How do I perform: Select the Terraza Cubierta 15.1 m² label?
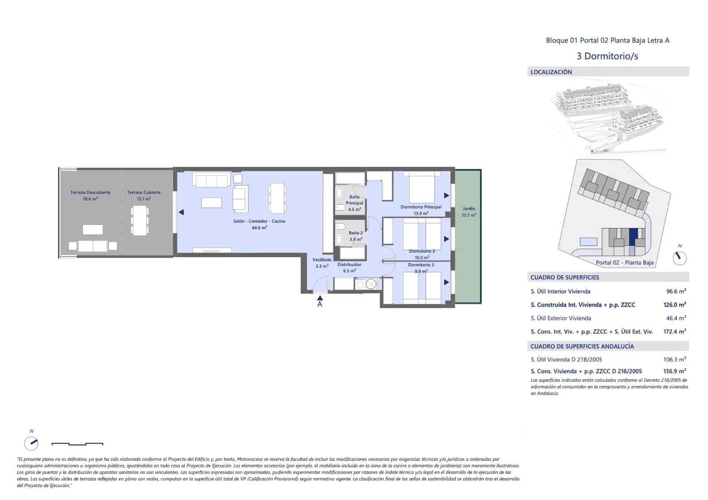tap(144, 196)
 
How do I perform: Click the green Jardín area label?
tap(469, 212)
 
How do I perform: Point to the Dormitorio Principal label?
tap(421, 207)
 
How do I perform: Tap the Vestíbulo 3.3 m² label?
tap(322, 263)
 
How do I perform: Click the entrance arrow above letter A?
tap(320, 298)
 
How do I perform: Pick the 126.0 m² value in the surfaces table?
tap(674, 304)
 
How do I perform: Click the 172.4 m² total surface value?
tap(674, 331)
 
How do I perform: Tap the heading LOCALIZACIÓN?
tap(551, 72)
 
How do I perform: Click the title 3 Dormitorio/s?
tap(607, 56)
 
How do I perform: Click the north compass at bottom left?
tap(31, 442)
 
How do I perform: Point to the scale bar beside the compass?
tap(77, 443)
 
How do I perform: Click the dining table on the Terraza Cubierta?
tap(139, 220)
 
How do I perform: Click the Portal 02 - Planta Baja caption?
tap(624, 262)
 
